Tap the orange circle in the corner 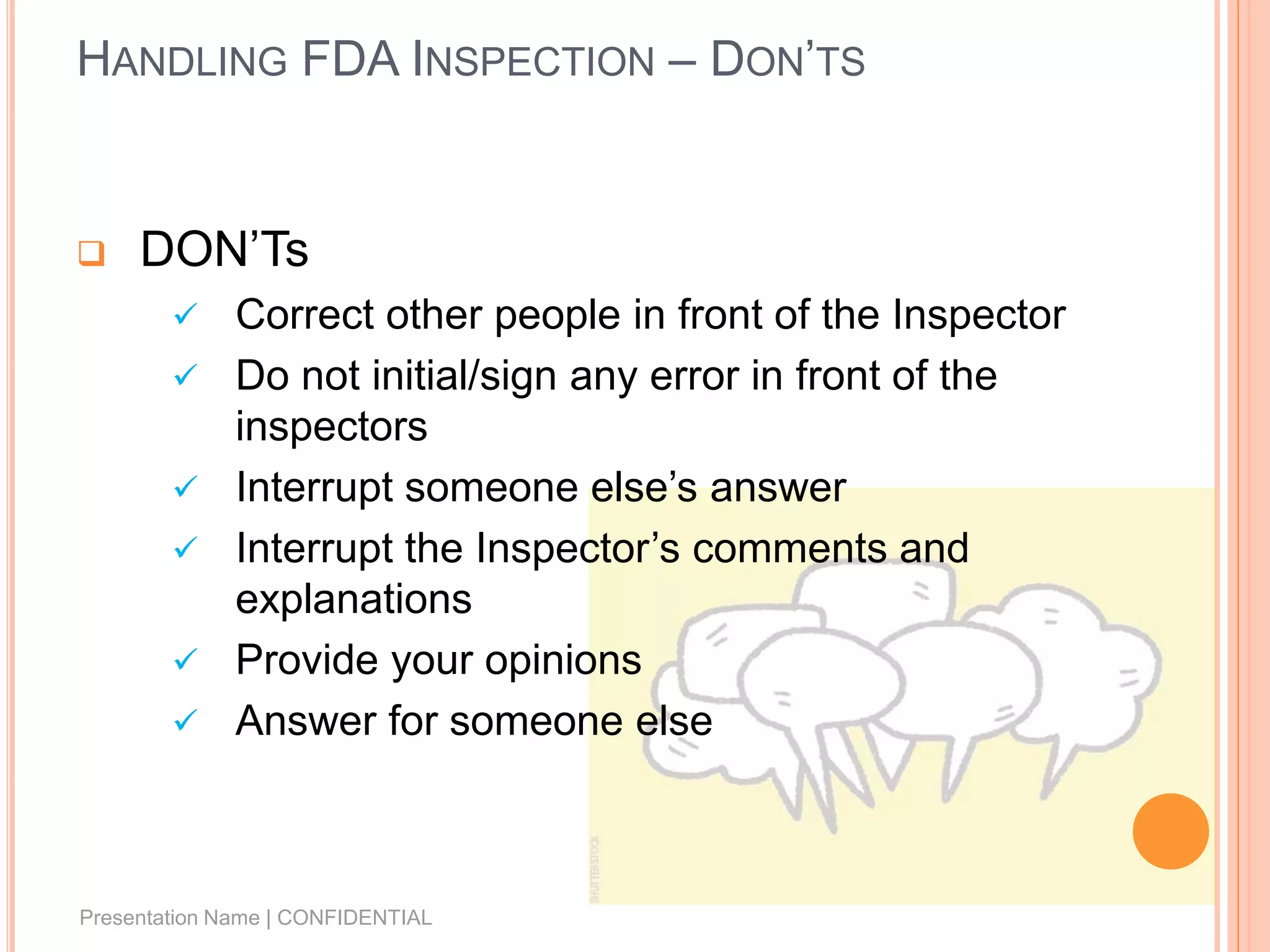tap(1170, 831)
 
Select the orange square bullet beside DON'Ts tap(91, 253)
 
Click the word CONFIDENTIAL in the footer tap(354, 917)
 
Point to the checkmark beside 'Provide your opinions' tap(185, 659)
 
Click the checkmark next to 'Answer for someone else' tap(185, 720)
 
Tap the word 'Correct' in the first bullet tap(304, 315)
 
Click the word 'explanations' tap(353, 599)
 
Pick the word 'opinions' tap(562, 661)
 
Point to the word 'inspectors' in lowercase tap(331, 426)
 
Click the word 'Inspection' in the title tap(533, 61)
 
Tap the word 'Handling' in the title tap(182, 61)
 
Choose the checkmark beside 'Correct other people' tap(185, 314)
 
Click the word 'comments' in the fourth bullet tap(789, 549)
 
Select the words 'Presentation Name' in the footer tap(169, 917)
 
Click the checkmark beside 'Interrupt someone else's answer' tap(185, 487)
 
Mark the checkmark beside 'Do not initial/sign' tap(185, 375)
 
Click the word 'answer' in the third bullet tap(778, 488)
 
